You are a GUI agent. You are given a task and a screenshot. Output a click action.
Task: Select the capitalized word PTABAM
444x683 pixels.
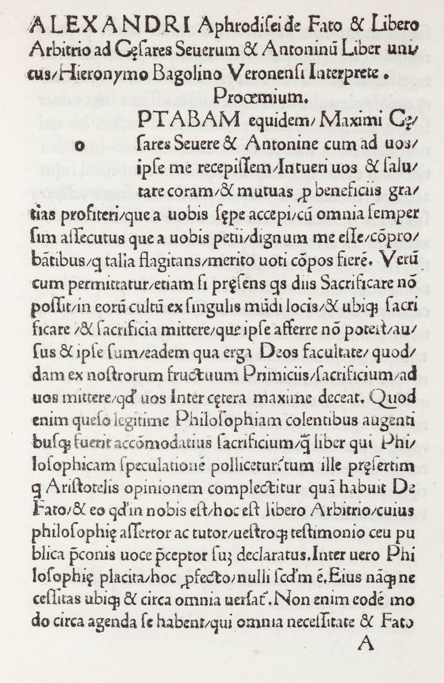(x=188, y=120)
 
